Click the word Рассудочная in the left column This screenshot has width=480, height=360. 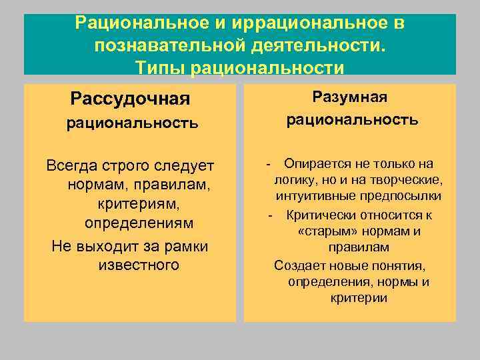pyautogui.click(x=130, y=99)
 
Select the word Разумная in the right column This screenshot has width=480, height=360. pyautogui.click(x=350, y=98)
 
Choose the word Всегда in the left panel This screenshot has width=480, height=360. pyautogui.click(x=72, y=165)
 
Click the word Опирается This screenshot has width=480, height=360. pyautogui.click(x=317, y=164)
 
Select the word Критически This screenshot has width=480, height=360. pyautogui.click(x=323, y=215)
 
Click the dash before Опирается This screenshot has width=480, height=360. pyautogui.click(x=268, y=164)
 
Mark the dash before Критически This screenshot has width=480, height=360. pyautogui.click(x=270, y=215)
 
